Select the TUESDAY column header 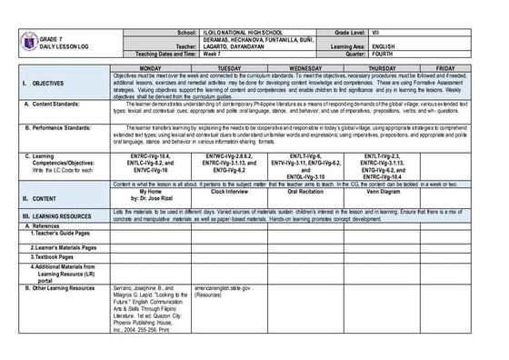[230, 68]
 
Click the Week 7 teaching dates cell [210, 59]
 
